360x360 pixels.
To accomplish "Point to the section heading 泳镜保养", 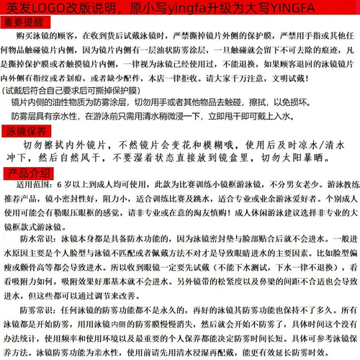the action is coord(27,131).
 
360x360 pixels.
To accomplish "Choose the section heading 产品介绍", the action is coord(27,175).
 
